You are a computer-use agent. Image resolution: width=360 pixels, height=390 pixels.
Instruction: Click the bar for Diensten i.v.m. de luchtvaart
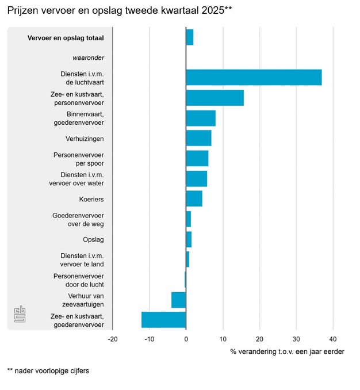254,78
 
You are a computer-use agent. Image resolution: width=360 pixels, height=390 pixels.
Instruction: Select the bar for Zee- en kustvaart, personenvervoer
215,98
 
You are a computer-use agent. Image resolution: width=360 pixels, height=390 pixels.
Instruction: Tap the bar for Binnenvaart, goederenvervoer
201,118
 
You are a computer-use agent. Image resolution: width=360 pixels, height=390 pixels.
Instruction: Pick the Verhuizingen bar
198,138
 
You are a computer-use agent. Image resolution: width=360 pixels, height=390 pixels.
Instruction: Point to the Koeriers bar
194,198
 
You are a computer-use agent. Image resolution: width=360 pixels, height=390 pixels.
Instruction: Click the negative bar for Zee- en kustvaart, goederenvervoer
164,320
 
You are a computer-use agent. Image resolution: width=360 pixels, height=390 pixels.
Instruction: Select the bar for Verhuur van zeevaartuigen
179,300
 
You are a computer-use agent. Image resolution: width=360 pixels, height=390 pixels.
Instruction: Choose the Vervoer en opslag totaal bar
190,37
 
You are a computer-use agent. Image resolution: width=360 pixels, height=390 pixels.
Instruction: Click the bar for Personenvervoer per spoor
197,158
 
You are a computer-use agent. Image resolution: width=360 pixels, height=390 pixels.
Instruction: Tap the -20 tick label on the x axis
112,339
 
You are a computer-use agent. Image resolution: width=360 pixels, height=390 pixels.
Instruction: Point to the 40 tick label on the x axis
333,339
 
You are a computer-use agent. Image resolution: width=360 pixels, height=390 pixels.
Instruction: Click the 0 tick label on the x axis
186,339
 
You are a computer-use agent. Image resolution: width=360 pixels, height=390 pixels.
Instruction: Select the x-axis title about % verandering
287,351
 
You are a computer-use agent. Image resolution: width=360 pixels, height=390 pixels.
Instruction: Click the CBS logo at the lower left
21,314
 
